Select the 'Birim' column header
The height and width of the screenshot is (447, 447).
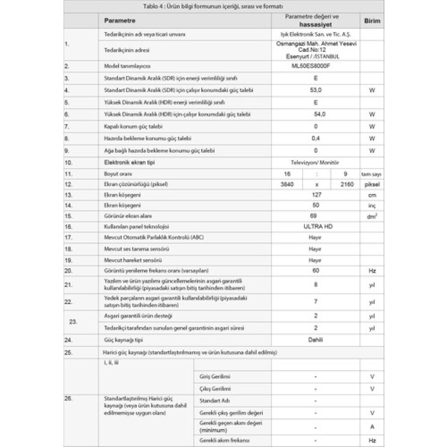click(372, 21)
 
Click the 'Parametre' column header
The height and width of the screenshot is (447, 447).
click(120, 20)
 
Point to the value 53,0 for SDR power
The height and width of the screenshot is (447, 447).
click(316, 90)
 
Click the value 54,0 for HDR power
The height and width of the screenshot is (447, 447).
click(319, 114)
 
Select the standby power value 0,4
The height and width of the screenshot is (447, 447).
click(316, 138)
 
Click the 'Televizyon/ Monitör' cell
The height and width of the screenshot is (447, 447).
click(315, 162)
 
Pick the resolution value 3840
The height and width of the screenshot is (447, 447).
click(287, 184)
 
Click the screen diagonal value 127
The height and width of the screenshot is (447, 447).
click(316, 194)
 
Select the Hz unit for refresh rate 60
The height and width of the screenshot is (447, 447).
click(372, 271)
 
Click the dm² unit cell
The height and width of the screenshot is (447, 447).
click(372, 216)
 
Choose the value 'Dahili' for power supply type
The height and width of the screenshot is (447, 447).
click(315, 340)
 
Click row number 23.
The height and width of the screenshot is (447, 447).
click(73, 322)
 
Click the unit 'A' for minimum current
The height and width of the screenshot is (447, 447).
click(372, 427)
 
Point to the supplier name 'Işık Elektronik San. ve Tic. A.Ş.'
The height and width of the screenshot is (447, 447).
click(316, 34)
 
